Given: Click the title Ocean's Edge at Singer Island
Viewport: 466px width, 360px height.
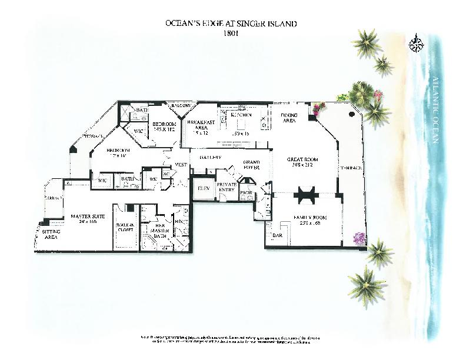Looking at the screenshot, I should pos(232,24).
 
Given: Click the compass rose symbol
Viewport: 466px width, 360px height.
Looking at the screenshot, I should pos(417,44).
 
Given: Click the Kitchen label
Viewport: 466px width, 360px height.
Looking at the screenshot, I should pos(241,115).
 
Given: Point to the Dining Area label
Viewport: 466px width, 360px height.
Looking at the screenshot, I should pos(289,118).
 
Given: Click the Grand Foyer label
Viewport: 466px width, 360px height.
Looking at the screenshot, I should pos(253,164).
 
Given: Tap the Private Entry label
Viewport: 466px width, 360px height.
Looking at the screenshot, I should pos(227,187).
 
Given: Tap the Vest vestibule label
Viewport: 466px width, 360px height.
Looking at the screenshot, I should pos(181,165).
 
